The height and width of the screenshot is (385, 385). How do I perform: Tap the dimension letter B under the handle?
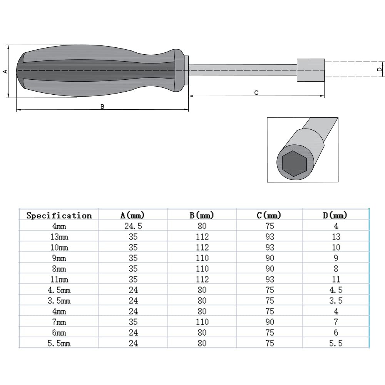click(x=102, y=106)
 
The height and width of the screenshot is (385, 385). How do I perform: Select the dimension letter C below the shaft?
click(x=256, y=92)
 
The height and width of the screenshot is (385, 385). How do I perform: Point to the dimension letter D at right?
click(x=379, y=69)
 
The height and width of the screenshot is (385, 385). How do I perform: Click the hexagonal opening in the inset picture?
click(x=293, y=163)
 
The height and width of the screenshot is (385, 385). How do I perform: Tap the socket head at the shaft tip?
click(x=310, y=70)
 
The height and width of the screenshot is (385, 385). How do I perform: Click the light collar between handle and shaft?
click(x=186, y=70)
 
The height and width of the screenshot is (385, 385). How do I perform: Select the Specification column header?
click(x=59, y=215)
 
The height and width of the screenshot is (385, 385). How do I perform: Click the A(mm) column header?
click(x=133, y=215)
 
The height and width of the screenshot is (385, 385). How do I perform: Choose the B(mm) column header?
click(x=202, y=215)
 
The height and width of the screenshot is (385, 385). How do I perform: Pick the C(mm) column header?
click(x=269, y=215)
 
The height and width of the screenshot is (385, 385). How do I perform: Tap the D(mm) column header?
click(x=335, y=215)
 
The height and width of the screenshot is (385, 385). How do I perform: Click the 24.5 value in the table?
click(x=133, y=226)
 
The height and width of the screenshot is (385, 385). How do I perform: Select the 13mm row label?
click(x=59, y=237)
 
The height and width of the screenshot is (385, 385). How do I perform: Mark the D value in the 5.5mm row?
click(x=335, y=343)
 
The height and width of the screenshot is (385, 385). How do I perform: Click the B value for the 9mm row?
click(x=202, y=258)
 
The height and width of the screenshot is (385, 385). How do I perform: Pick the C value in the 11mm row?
click(x=269, y=279)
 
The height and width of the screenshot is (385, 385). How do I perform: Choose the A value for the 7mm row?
click(x=133, y=321)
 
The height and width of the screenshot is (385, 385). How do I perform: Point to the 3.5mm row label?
click(x=59, y=301)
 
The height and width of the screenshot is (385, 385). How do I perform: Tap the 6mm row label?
click(x=59, y=332)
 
